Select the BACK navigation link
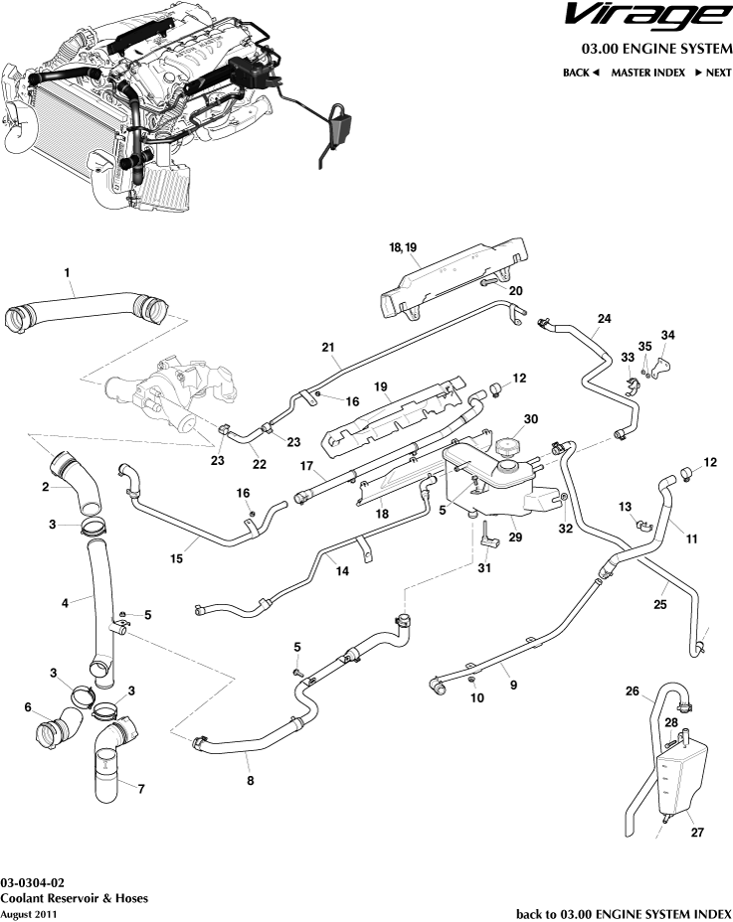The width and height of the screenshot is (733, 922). [581, 73]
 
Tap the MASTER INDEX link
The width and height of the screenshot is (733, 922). [647, 73]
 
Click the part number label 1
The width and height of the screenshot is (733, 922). [67, 272]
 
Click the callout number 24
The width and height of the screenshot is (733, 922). [603, 320]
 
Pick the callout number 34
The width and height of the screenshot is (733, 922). [667, 334]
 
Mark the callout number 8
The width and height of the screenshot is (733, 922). [250, 781]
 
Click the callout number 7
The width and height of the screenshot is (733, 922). [140, 789]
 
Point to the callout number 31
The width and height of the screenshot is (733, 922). [485, 568]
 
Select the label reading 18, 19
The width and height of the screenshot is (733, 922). [403, 245]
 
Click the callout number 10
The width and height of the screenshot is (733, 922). [477, 698]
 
